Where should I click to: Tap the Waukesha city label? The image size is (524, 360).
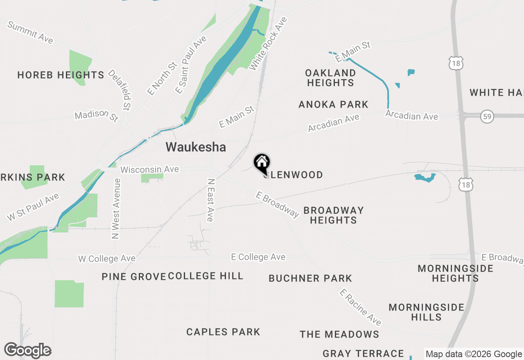(196, 147)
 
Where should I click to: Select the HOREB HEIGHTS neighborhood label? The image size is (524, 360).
(61, 75)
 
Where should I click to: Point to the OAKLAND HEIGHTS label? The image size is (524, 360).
(330, 78)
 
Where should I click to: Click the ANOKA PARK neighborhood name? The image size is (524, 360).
(333, 105)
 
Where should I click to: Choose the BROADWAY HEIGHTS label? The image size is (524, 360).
(333, 215)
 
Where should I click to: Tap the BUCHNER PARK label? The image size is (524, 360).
(310, 279)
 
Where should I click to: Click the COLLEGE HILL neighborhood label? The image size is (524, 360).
(206, 276)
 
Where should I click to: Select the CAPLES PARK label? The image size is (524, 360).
(223, 332)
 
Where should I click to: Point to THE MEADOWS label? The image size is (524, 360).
(339, 335)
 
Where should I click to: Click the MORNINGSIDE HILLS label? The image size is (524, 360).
(426, 312)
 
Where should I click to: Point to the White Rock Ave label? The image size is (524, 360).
(268, 43)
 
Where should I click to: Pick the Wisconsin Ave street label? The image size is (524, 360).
(149, 169)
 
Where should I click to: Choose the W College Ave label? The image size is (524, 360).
(107, 259)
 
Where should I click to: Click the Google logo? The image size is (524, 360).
(27, 351)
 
